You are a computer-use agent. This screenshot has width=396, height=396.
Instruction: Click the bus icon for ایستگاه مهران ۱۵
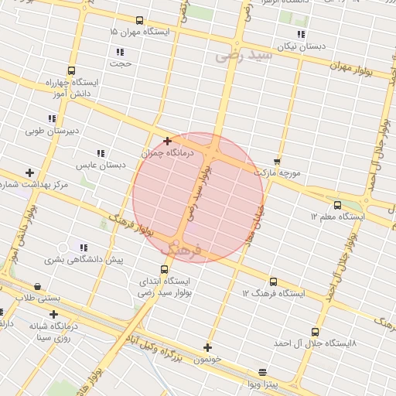pos(138,21)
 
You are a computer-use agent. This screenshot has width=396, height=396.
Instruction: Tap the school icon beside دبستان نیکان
pos(301,35)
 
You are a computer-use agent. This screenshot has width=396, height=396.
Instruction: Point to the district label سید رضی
pos(244,56)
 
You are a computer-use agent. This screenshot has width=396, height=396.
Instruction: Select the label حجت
pos(122,63)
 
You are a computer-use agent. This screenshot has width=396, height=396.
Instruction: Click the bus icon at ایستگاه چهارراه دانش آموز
pos(71,70)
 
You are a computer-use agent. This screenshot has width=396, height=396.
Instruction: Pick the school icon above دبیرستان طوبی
pos(52,118)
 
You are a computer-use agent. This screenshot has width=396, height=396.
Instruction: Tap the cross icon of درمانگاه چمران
pos(167,141)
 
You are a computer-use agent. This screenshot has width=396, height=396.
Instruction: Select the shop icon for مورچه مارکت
pos(277,160)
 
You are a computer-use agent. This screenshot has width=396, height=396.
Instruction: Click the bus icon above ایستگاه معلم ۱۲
pos(337,205)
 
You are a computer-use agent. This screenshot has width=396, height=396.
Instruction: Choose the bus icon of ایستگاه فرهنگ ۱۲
pos(273,282)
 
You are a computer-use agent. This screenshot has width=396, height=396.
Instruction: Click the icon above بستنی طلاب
pos(37,286)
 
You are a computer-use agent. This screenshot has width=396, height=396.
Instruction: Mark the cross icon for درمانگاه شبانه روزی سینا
pos(53,314)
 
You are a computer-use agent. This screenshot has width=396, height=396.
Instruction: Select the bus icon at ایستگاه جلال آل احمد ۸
pos(314,330)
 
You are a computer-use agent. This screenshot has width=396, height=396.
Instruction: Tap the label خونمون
pos(207,360)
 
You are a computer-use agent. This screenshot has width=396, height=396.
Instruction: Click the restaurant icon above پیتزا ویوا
pos(262,372)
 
